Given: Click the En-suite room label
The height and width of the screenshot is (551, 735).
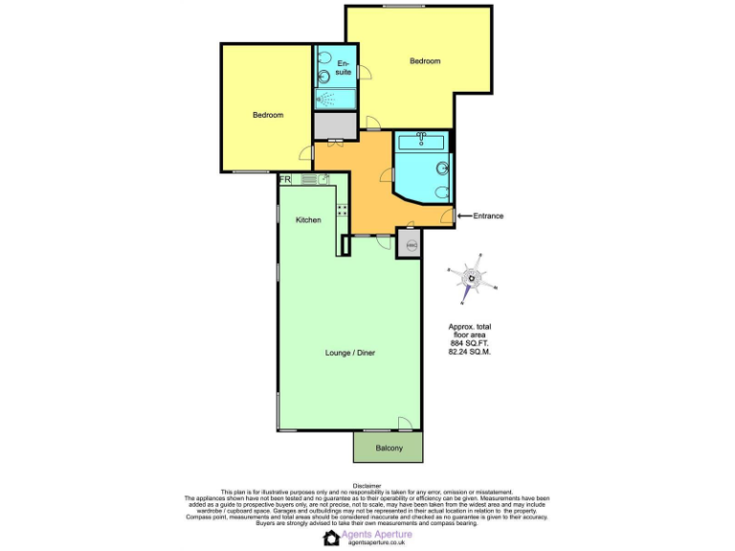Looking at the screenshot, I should [x=344, y=68].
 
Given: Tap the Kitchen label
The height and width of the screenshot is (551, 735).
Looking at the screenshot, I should [x=308, y=220].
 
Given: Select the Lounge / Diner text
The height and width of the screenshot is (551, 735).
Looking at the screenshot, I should [x=349, y=353].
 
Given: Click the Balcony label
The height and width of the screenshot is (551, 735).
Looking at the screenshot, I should [x=389, y=448].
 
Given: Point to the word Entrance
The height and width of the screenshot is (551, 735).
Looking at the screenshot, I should [x=488, y=216].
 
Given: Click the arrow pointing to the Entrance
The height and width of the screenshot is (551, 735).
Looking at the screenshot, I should [x=464, y=216].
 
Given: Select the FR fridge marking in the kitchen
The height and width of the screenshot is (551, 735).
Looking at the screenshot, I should [x=285, y=179].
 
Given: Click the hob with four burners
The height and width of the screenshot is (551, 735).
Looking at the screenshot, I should [x=341, y=210].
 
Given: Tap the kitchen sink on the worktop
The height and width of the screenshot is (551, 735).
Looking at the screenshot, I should [x=323, y=179].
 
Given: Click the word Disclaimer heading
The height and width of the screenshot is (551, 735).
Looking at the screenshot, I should [x=367, y=485].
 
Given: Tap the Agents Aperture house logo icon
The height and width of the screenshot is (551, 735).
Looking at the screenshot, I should [x=331, y=538].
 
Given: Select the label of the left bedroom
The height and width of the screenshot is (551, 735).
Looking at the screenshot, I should [x=268, y=115].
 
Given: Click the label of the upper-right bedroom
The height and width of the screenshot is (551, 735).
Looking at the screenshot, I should [x=425, y=61].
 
